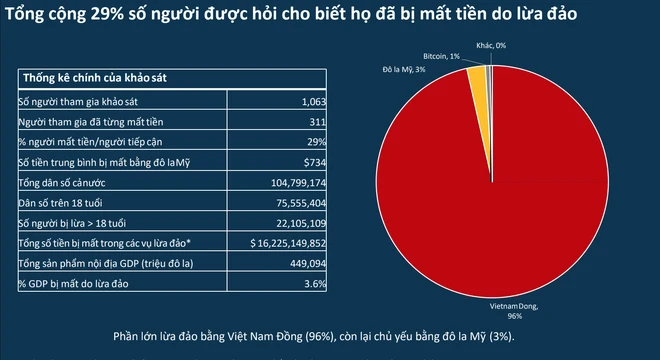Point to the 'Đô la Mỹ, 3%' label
coord(404,70)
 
